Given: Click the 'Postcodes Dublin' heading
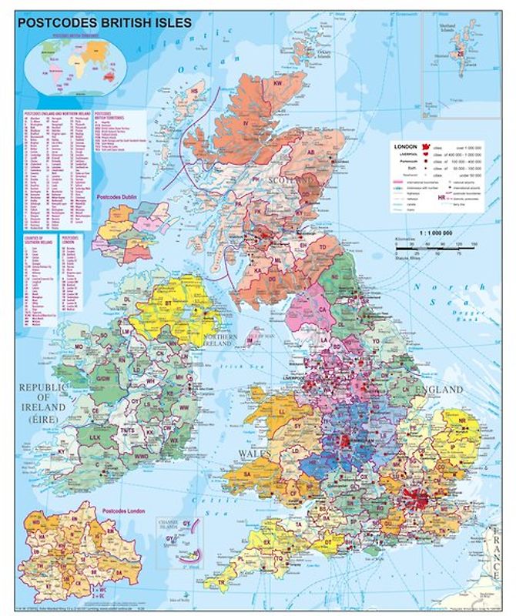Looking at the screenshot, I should pos(116,197).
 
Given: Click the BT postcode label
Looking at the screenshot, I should pos(186,316).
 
